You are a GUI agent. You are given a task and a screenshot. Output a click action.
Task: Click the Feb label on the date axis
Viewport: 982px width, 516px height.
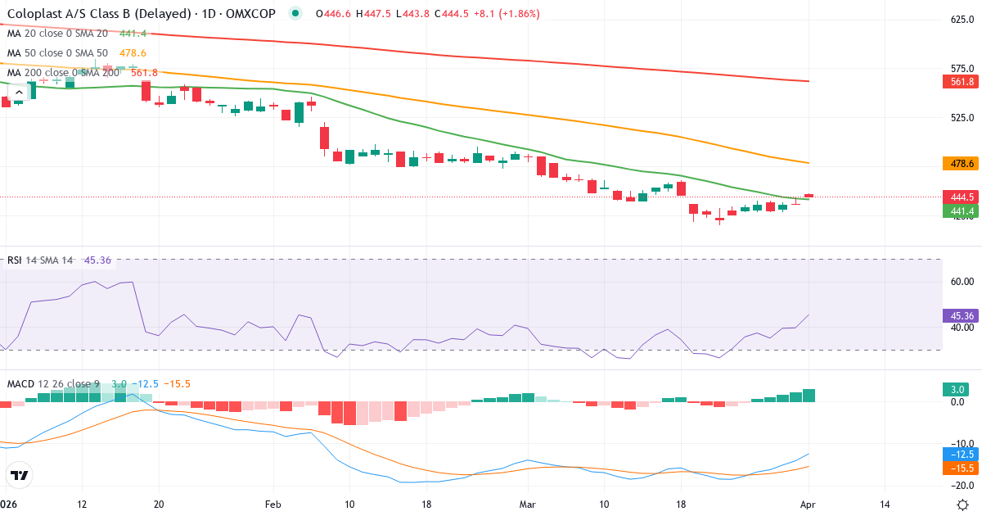point(273,504)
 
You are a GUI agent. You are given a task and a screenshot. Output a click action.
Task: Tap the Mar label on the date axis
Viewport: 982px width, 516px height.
point(528,504)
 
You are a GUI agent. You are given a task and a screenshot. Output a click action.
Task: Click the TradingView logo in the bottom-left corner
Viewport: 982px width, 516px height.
point(20,475)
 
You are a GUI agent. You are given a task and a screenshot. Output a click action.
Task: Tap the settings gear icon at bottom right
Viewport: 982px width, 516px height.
point(963,504)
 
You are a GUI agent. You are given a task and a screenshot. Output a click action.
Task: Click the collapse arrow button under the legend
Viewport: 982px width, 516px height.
point(19,93)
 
